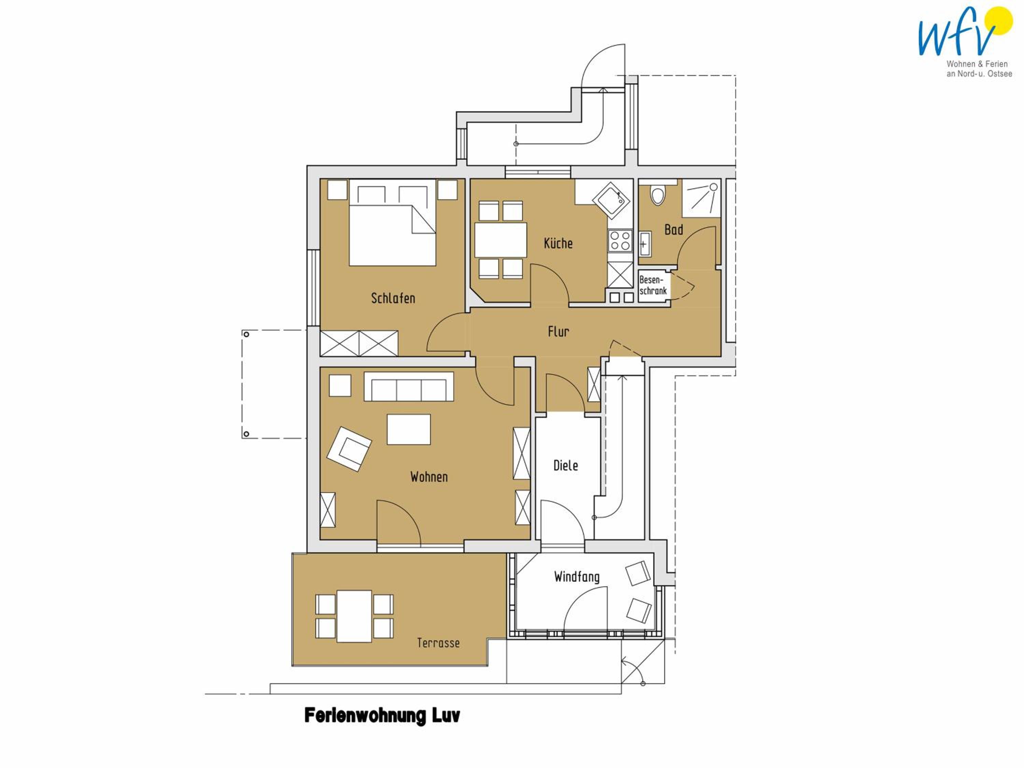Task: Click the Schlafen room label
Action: [393, 298]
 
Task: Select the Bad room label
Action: [673, 230]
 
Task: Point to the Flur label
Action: [558, 331]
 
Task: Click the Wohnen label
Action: [429, 477]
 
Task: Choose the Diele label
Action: [566, 465]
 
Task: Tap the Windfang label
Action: [577, 577]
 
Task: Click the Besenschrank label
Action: [653, 285]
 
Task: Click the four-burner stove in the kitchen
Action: [620, 241]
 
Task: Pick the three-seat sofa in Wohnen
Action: [409, 386]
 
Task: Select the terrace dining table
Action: [354, 616]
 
